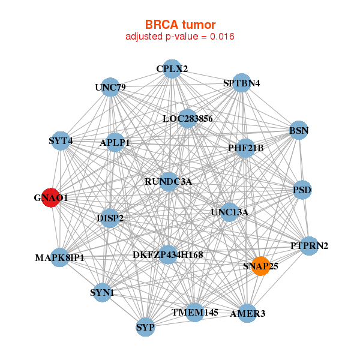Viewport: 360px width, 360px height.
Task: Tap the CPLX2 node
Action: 172,69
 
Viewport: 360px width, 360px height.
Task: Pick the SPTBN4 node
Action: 241,83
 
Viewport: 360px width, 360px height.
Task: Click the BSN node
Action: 298,130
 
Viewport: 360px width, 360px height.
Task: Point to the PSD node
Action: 302,190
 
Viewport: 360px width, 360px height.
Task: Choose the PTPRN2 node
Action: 309,245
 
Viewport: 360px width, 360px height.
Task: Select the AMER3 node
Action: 247,313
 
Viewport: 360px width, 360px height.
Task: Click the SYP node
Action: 145,328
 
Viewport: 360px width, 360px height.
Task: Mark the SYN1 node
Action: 102,293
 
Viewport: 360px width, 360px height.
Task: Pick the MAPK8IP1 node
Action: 60,258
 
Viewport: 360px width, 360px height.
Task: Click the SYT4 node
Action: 61,141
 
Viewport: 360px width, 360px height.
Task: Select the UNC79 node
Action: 110,88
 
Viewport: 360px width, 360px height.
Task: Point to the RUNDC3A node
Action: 168,181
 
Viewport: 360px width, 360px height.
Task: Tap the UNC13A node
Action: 229,212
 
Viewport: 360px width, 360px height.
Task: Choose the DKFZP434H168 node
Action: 168,255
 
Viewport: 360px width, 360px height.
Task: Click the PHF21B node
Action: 245,148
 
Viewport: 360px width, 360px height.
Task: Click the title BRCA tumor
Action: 180,25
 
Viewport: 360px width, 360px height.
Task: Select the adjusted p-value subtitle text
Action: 180,37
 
